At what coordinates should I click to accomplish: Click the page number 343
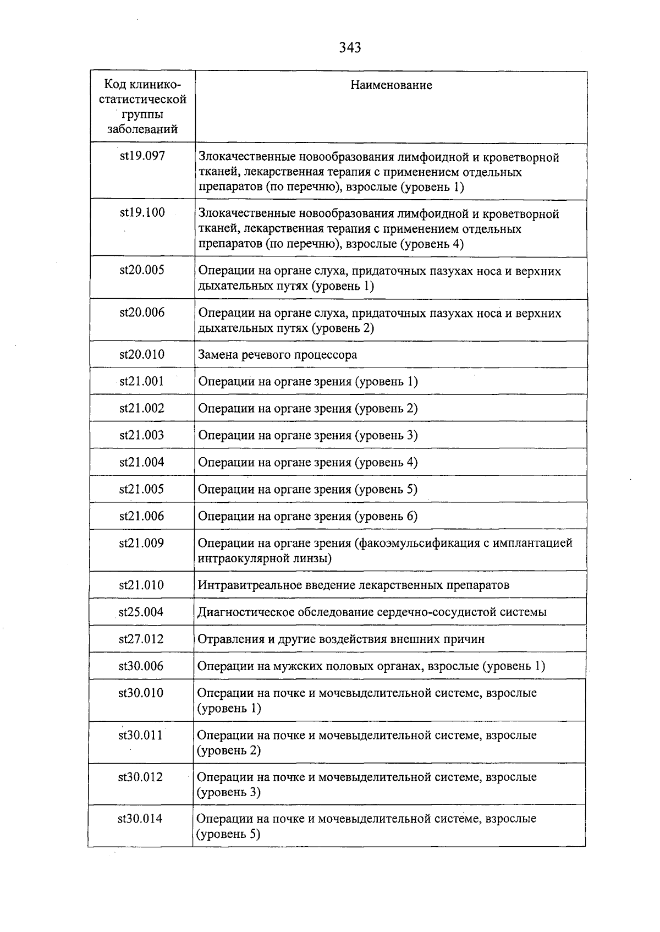(350, 48)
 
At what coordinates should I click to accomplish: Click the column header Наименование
(391, 85)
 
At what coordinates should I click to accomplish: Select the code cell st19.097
(142, 156)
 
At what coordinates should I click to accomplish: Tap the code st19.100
(142, 213)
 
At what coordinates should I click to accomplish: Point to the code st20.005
(142, 270)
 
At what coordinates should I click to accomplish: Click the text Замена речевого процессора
(277, 355)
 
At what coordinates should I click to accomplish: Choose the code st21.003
(142, 435)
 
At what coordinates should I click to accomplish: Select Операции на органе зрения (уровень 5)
(307, 489)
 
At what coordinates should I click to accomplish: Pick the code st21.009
(141, 543)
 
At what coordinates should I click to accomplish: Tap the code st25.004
(141, 612)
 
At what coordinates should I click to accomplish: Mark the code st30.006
(141, 666)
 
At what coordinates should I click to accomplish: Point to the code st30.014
(140, 819)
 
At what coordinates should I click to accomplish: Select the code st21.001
(142, 381)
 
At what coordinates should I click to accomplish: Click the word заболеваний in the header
(142, 130)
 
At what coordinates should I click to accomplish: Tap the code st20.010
(142, 354)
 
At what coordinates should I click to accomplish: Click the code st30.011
(141, 736)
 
